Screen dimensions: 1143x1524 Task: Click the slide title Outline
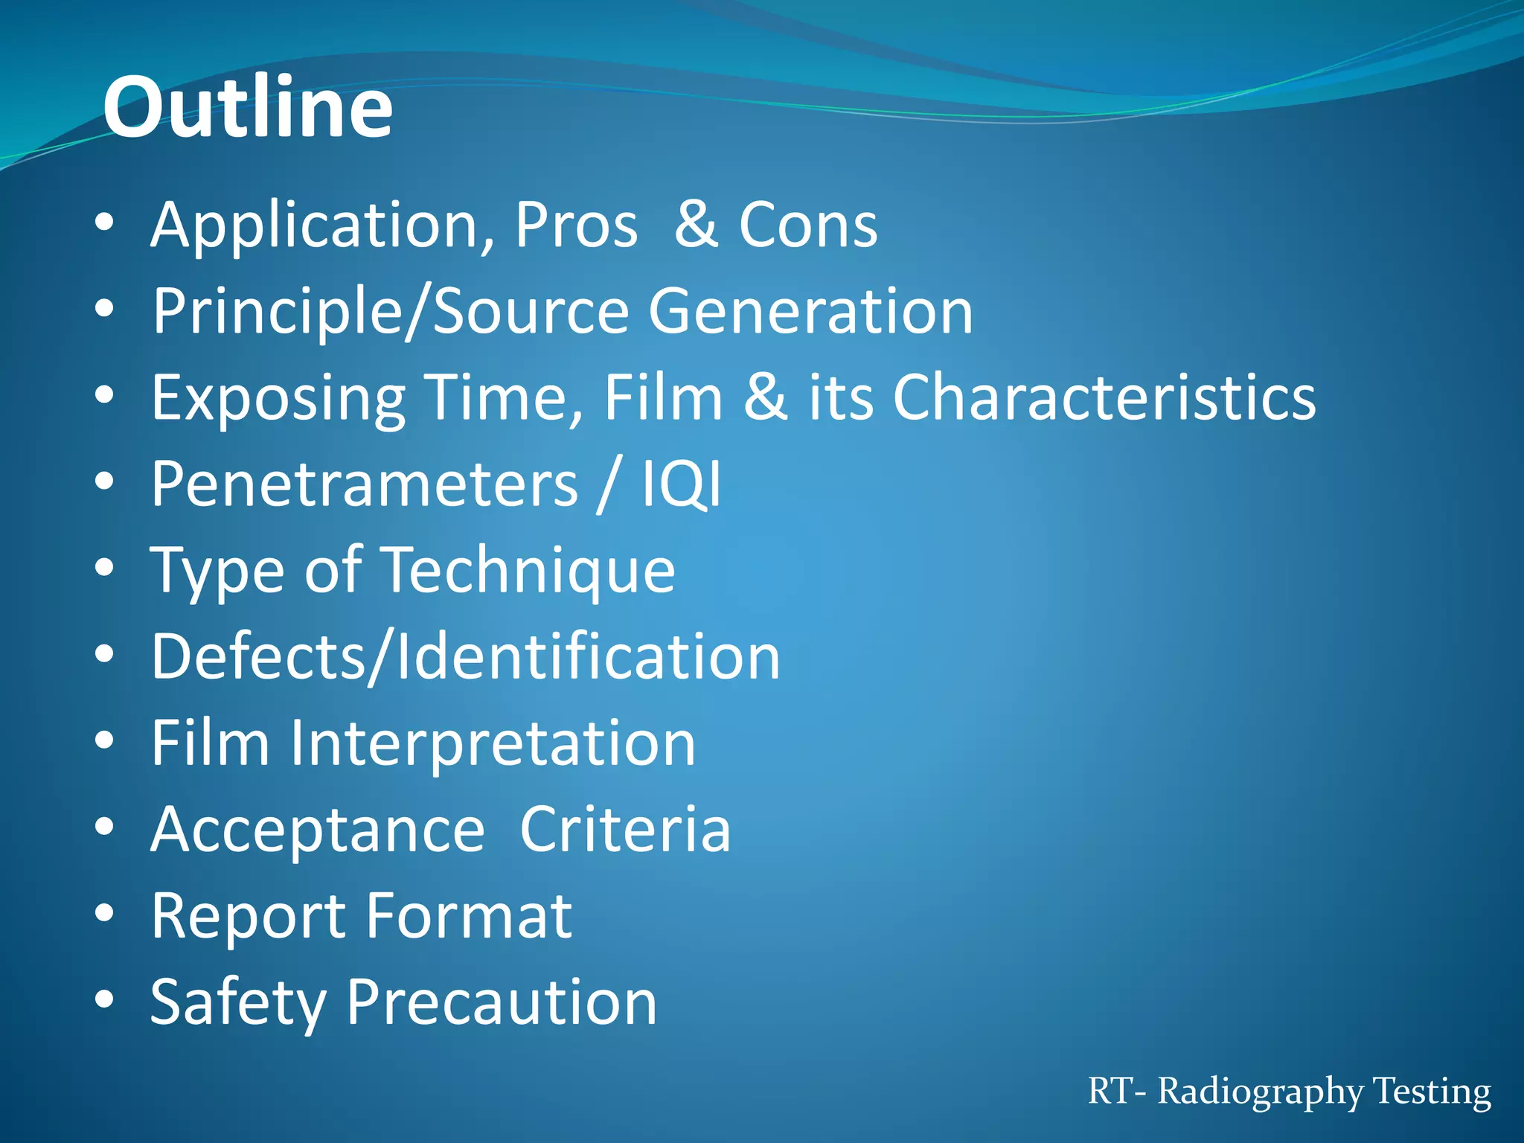click(x=248, y=108)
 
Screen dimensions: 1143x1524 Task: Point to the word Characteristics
click(x=1104, y=397)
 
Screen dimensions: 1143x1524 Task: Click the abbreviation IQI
click(x=682, y=484)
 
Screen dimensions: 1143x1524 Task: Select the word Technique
click(x=529, y=571)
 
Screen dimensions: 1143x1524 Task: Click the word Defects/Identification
click(x=466, y=656)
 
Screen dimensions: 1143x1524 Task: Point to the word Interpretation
click(x=493, y=743)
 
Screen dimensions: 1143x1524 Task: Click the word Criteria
click(x=625, y=830)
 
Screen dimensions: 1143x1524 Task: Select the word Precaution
click(x=502, y=1002)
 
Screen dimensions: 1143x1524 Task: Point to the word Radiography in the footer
click(x=1261, y=1092)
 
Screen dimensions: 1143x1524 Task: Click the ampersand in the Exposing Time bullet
click(x=766, y=397)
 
